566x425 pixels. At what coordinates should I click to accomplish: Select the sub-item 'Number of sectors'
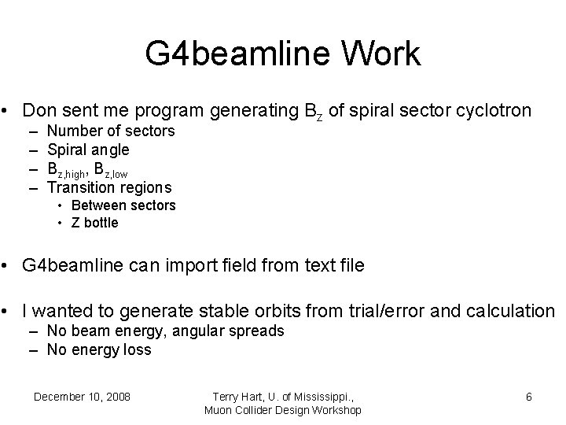click(111, 131)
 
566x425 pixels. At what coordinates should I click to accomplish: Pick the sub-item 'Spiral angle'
click(88, 150)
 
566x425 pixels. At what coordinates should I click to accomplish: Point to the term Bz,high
click(66, 169)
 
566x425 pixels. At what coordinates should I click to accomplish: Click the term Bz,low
click(110, 169)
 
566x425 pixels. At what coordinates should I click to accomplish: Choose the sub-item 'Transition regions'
click(109, 187)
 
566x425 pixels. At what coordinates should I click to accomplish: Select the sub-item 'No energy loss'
click(99, 350)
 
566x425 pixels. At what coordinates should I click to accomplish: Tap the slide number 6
click(529, 397)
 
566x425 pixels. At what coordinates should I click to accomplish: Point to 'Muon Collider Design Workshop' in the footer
click(283, 410)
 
